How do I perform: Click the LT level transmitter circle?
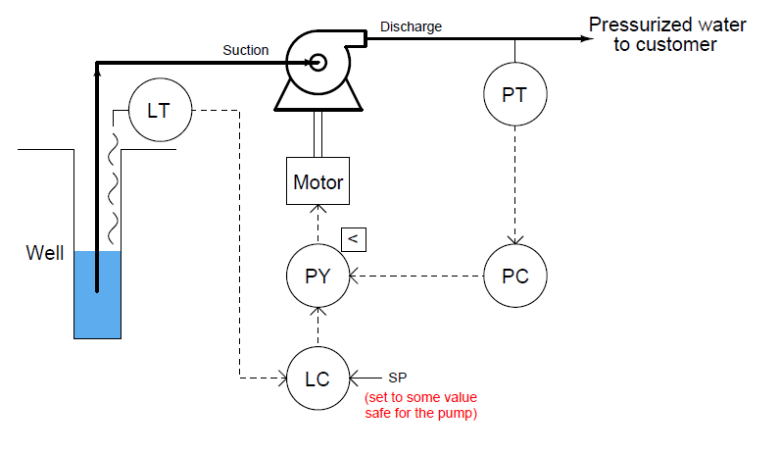click(x=159, y=110)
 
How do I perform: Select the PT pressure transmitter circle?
click(x=515, y=96)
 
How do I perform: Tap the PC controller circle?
click(x=515, y=276)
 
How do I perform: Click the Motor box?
click(x=318, y=181)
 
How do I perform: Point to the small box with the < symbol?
click(x=353, y=238)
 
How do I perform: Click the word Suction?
click(x=246, y=50)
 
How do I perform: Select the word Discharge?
click(x=412, y=26)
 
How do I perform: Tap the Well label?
click(x=44, y=254)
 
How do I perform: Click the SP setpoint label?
click(x=398, y=378)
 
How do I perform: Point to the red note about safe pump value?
click(x=420, y=406)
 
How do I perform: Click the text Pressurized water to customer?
click(x=666, y=34)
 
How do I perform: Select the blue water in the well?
click(x=98, y=304)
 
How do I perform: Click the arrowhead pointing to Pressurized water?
click(x=585, y=39)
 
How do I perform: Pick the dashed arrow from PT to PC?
click(x=515, y=186)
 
